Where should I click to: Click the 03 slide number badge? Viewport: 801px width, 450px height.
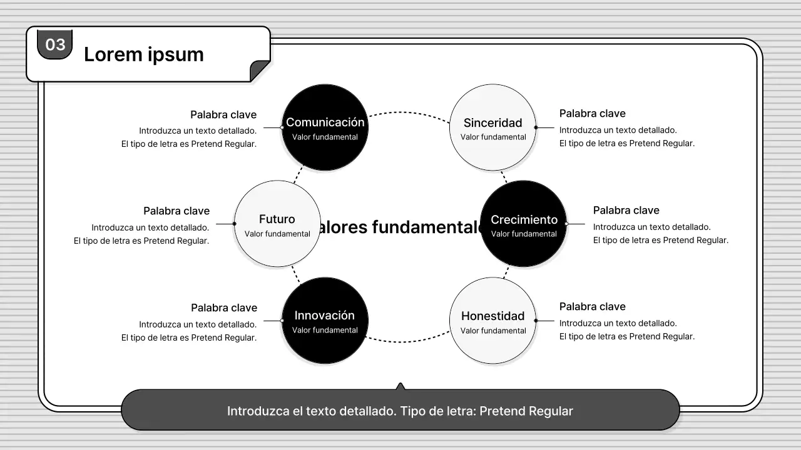pyautogui.click(x=55, y=44)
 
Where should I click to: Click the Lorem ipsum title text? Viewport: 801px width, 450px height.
pyautogui.click(x=143, y=54)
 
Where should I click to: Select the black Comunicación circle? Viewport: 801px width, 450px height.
pyautogui.click(x=325, y=127)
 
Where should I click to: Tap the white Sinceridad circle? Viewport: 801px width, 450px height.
pyautogui.click(x=493, y=127)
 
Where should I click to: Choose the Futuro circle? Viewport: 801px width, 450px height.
pyautogui.click(x=277, y=224)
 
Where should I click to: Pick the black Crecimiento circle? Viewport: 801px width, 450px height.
pyautogui.click(x=523, y=224)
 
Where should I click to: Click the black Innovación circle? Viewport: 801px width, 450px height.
pyautogui.click(x=325, y=321)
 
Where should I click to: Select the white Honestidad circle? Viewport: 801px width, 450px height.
pyautogui.click(x=493, y=321)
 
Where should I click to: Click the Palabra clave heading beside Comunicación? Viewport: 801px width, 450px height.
pyautogui.click(x=223, y=115)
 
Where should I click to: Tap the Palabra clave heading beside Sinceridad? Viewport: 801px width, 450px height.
pyautogui.click(x=592, y=114)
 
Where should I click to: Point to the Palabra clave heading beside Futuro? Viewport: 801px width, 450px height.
pyautogui.click(x=176, y=211)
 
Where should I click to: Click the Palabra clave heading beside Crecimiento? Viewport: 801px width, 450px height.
pyautogui.click(x=626, y=211)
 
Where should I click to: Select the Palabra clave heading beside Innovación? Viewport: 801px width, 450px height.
pyautogui.click(x=224, y=308)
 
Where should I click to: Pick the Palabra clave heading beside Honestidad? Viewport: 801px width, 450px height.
pyautogui.click(x=592, y=307)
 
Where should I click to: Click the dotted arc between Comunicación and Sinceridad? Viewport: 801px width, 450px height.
pyautogui.click(x=408, y=112)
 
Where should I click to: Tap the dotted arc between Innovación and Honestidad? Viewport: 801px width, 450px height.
pyautogui.click(x=408, y=341)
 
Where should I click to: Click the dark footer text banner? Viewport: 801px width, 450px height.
pyautogui.click(x=400, y=411)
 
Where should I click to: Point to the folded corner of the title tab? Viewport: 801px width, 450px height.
pyautogui.click(x=260, y=71)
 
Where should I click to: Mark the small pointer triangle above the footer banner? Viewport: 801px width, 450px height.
pyautogui.click(x=400, y=386)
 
